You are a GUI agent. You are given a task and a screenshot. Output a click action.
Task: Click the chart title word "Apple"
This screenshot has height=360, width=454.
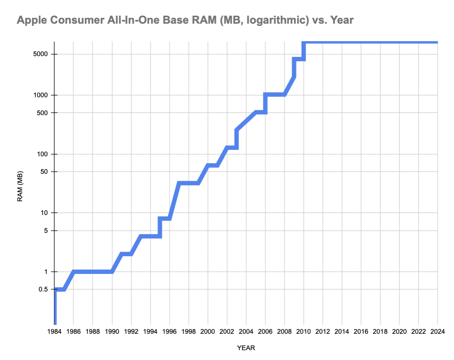[x=32, y=20]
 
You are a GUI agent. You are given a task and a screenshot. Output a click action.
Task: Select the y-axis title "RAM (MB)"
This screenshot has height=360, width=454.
[x=20, y=186]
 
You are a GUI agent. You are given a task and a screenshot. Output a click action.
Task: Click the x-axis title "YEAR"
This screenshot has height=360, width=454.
[x=246, y=348]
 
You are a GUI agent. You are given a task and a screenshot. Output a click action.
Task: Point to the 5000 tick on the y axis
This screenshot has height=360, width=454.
[x=40, y=54]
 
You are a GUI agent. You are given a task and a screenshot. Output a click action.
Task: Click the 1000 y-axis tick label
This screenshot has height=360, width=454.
[x=40, y=95]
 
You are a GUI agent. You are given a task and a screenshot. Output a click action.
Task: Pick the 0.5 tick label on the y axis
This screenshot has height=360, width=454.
[x=43, y=289]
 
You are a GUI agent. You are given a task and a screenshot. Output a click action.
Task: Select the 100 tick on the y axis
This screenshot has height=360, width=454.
[x=42, y=154]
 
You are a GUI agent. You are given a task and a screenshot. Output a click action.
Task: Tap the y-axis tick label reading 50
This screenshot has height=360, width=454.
[x=44, y=172]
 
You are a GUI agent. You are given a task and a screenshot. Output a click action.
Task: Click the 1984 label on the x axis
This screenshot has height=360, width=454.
[x=54, y=331]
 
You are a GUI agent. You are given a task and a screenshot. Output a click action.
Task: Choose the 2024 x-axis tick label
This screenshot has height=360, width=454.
[x=438, y=331]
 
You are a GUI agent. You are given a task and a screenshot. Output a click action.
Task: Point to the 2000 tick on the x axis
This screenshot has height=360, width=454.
[x=208, y=331]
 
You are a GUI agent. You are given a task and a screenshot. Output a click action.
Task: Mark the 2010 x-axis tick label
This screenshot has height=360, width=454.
[x=304, y=331]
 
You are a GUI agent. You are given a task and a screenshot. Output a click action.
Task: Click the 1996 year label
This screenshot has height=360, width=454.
[x=169, y=331]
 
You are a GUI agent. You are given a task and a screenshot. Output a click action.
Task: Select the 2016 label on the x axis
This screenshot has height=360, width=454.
[x=361, y=331]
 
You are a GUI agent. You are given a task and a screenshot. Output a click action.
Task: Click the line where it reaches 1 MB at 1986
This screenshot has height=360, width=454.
[x=74, y=272]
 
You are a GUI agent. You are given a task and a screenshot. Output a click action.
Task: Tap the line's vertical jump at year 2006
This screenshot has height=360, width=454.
[x=265, y=103]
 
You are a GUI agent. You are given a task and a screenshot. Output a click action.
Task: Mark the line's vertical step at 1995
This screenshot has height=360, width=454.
[x=160, y=227]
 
